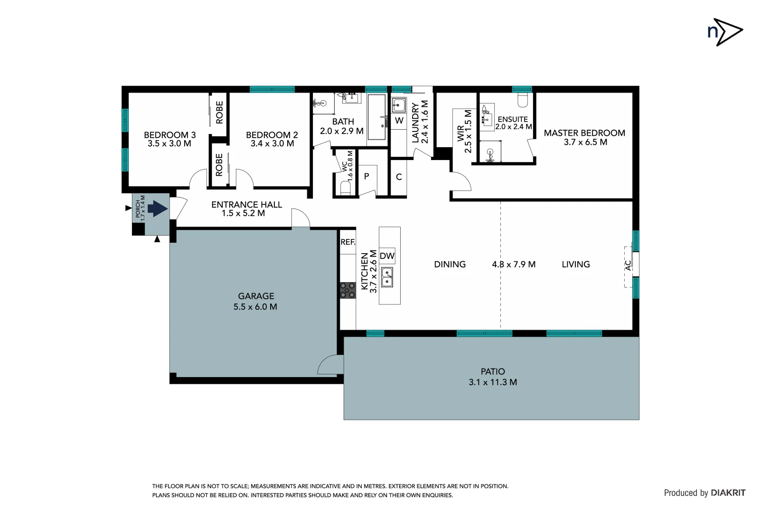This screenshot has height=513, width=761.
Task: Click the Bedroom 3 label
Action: click(169, 135)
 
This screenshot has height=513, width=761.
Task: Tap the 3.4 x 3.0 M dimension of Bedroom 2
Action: click(272, 143)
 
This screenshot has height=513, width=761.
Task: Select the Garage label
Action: click(256, 296)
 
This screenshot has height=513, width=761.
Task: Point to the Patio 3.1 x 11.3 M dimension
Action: click(492, 382)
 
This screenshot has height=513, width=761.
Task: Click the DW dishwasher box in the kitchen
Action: click(387, 256)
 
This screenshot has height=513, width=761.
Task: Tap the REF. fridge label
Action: click(348, 242)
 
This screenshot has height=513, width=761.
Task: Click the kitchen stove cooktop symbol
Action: click(348, 290)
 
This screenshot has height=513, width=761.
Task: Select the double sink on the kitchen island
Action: click(387, 277)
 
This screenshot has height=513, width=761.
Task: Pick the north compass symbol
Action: click(724, 32)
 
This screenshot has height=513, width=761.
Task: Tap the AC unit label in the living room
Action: click(628, 266)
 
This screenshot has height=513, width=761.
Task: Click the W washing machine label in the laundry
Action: click(399, 121)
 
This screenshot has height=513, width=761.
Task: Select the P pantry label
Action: click(366, 176)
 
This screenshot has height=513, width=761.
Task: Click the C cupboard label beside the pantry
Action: click(399, 177)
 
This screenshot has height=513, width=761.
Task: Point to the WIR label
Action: click(460, 133)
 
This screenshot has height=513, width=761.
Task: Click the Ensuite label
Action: click(512, 119)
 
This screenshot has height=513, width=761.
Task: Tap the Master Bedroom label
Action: click(584, 133)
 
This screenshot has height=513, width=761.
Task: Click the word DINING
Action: click(450, 265)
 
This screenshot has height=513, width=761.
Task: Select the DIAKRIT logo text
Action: click(728, 493)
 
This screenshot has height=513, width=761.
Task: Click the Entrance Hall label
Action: click(246, 205)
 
